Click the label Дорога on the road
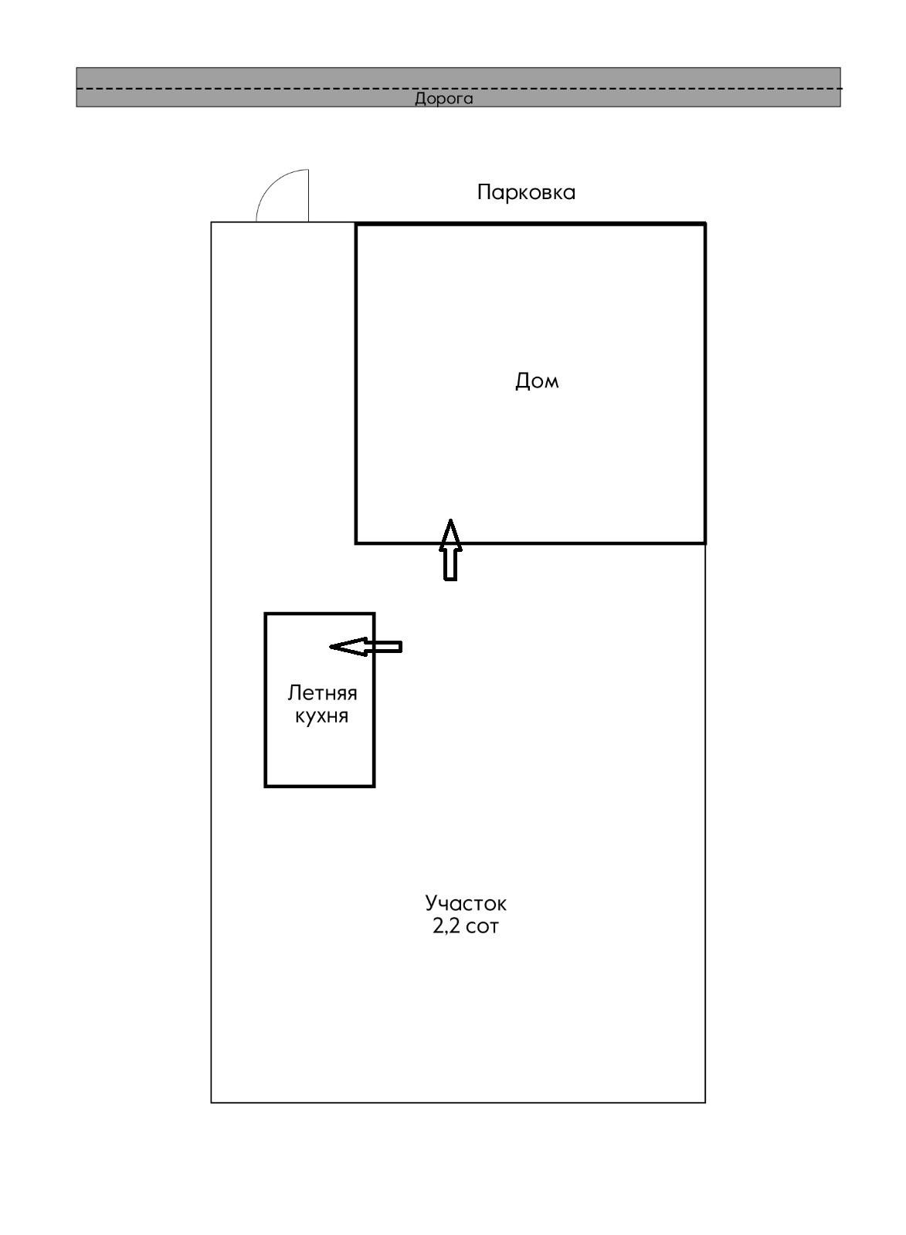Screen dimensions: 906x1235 click(443, 99)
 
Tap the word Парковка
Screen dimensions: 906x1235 click(526, 192)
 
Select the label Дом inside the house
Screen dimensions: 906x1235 click(537, 381)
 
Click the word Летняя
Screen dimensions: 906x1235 click(322, 692)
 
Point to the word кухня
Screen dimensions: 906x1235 click(321, 716)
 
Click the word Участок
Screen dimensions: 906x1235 click(466, 902)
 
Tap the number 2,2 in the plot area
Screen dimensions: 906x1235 click(446, 926)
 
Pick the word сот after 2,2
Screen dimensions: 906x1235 click(483, 926)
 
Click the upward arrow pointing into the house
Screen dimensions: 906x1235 click(450, 550)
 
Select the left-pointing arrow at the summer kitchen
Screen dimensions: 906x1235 click(365, 646)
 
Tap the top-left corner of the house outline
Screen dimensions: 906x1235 click(356, 224)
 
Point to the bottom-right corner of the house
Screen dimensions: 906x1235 click(705, 543)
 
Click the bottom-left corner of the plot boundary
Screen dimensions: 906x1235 click(212, 1102)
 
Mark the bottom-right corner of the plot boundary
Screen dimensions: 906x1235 click(705, 1102)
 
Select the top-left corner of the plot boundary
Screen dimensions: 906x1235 click(212, 222)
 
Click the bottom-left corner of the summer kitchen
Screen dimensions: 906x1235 click(266, 786)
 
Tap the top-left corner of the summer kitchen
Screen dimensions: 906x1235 click(266, 614)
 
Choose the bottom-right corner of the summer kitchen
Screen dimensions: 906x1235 click(375, 786)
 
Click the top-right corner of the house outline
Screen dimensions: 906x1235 click(705, 224)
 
